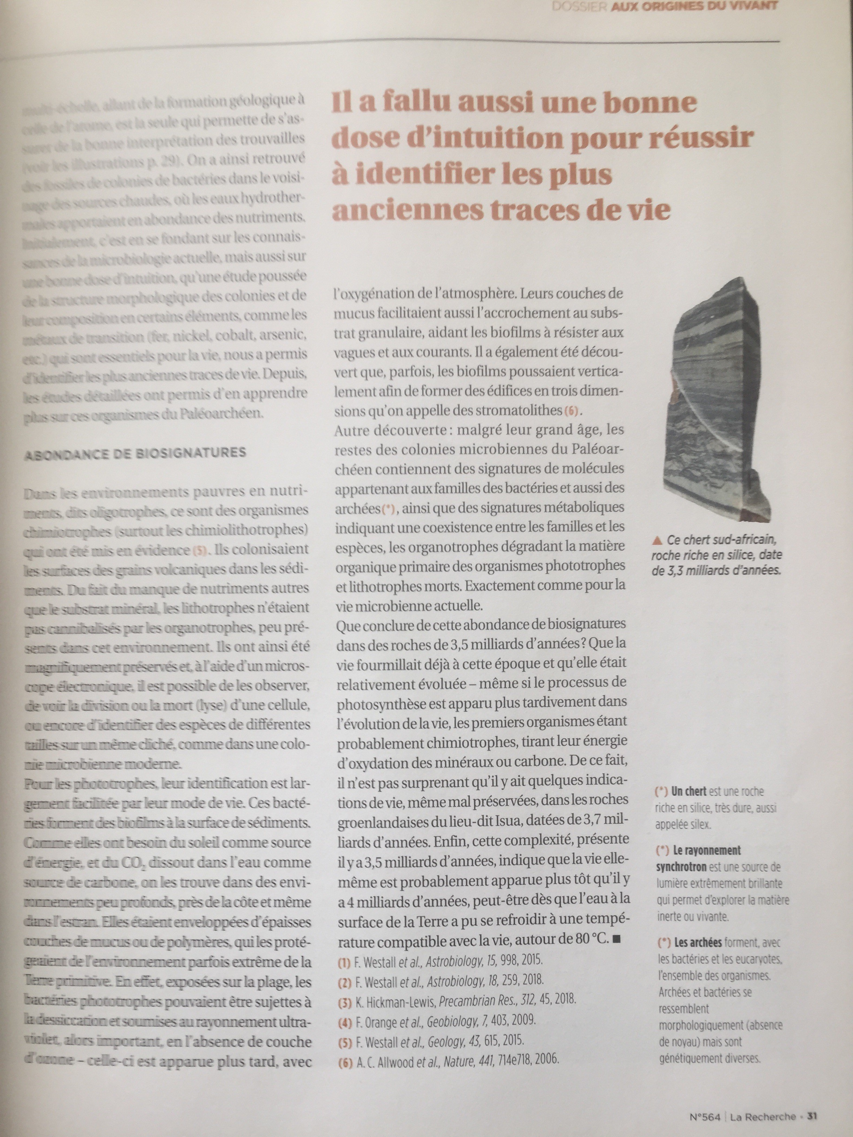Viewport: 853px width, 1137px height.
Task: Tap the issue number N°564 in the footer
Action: (x=706, y=1116)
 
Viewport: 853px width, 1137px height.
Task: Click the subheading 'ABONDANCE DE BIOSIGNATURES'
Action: (x=135, y=453)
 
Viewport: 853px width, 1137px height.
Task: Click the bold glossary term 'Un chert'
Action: (x=689, y=791)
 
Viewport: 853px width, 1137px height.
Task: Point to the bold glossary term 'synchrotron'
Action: (x=681, y=867)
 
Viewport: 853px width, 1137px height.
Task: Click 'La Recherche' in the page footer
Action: (x=762, y=1116)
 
